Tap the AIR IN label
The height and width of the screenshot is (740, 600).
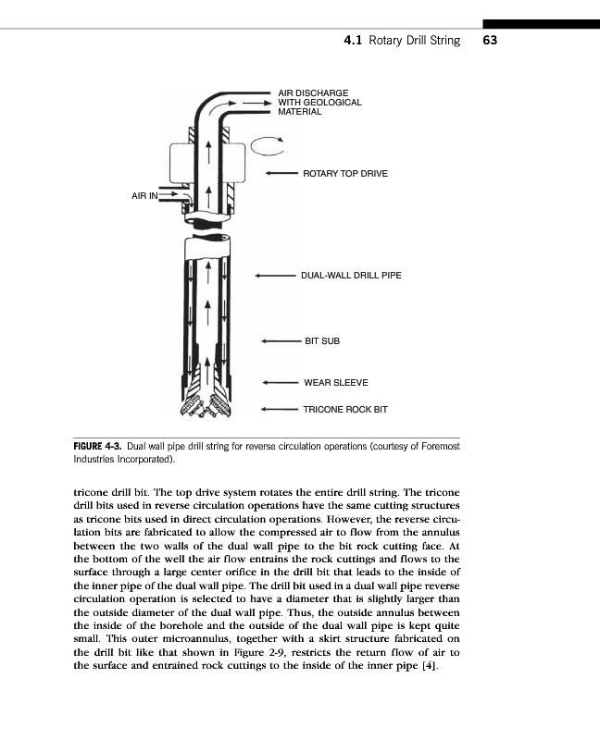coord(144,196)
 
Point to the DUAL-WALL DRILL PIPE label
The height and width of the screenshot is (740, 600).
coord(351,275)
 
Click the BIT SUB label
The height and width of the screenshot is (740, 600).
coord(322,341)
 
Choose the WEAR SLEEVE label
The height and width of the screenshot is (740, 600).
coord(335,382)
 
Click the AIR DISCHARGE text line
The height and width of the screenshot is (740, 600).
coord(313,92)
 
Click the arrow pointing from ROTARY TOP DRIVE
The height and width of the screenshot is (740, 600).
coord(281,173)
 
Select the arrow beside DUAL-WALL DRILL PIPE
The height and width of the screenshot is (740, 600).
coord(276,275)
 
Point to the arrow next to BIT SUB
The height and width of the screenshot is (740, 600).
coord(281,341)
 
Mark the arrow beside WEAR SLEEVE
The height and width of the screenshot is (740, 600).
coord(281,382)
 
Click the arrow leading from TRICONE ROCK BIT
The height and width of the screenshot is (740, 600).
coord(281,408)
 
